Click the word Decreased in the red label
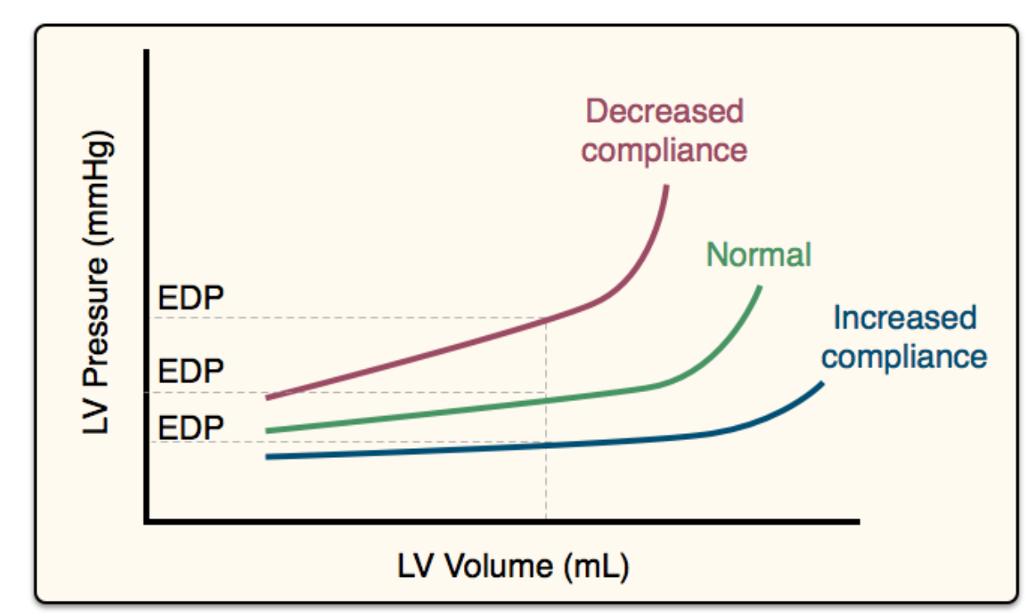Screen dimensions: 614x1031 [664, 111]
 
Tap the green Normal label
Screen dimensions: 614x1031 [759, 255]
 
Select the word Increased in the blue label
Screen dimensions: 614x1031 [904, 318]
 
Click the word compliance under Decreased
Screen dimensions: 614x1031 [664, 151]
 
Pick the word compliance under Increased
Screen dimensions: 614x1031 [904, 357]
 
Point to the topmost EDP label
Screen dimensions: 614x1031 [191, 299]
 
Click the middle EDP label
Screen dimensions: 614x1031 [191, 372]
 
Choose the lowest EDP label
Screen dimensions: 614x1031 [191, 428]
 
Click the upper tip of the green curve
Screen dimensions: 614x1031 [759, 288]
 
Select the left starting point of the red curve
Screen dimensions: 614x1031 [267, 398]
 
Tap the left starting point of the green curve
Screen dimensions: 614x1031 [267, 430]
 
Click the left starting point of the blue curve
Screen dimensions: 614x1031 [267, 456]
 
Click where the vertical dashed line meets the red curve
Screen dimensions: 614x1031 [545, 319]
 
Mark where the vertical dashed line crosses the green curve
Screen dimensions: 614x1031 [545, 400]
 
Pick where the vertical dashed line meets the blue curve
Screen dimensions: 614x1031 [545, 446]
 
